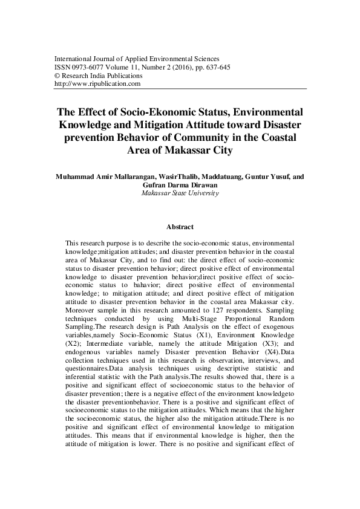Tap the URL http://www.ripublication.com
(x=97, y=85)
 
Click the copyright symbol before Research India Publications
(x=57, y=76)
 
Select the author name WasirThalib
(x=163, y=177)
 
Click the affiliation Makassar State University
(x=180, y=193)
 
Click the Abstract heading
(x=180, y=227)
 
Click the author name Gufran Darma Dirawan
(x=180, y=186)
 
